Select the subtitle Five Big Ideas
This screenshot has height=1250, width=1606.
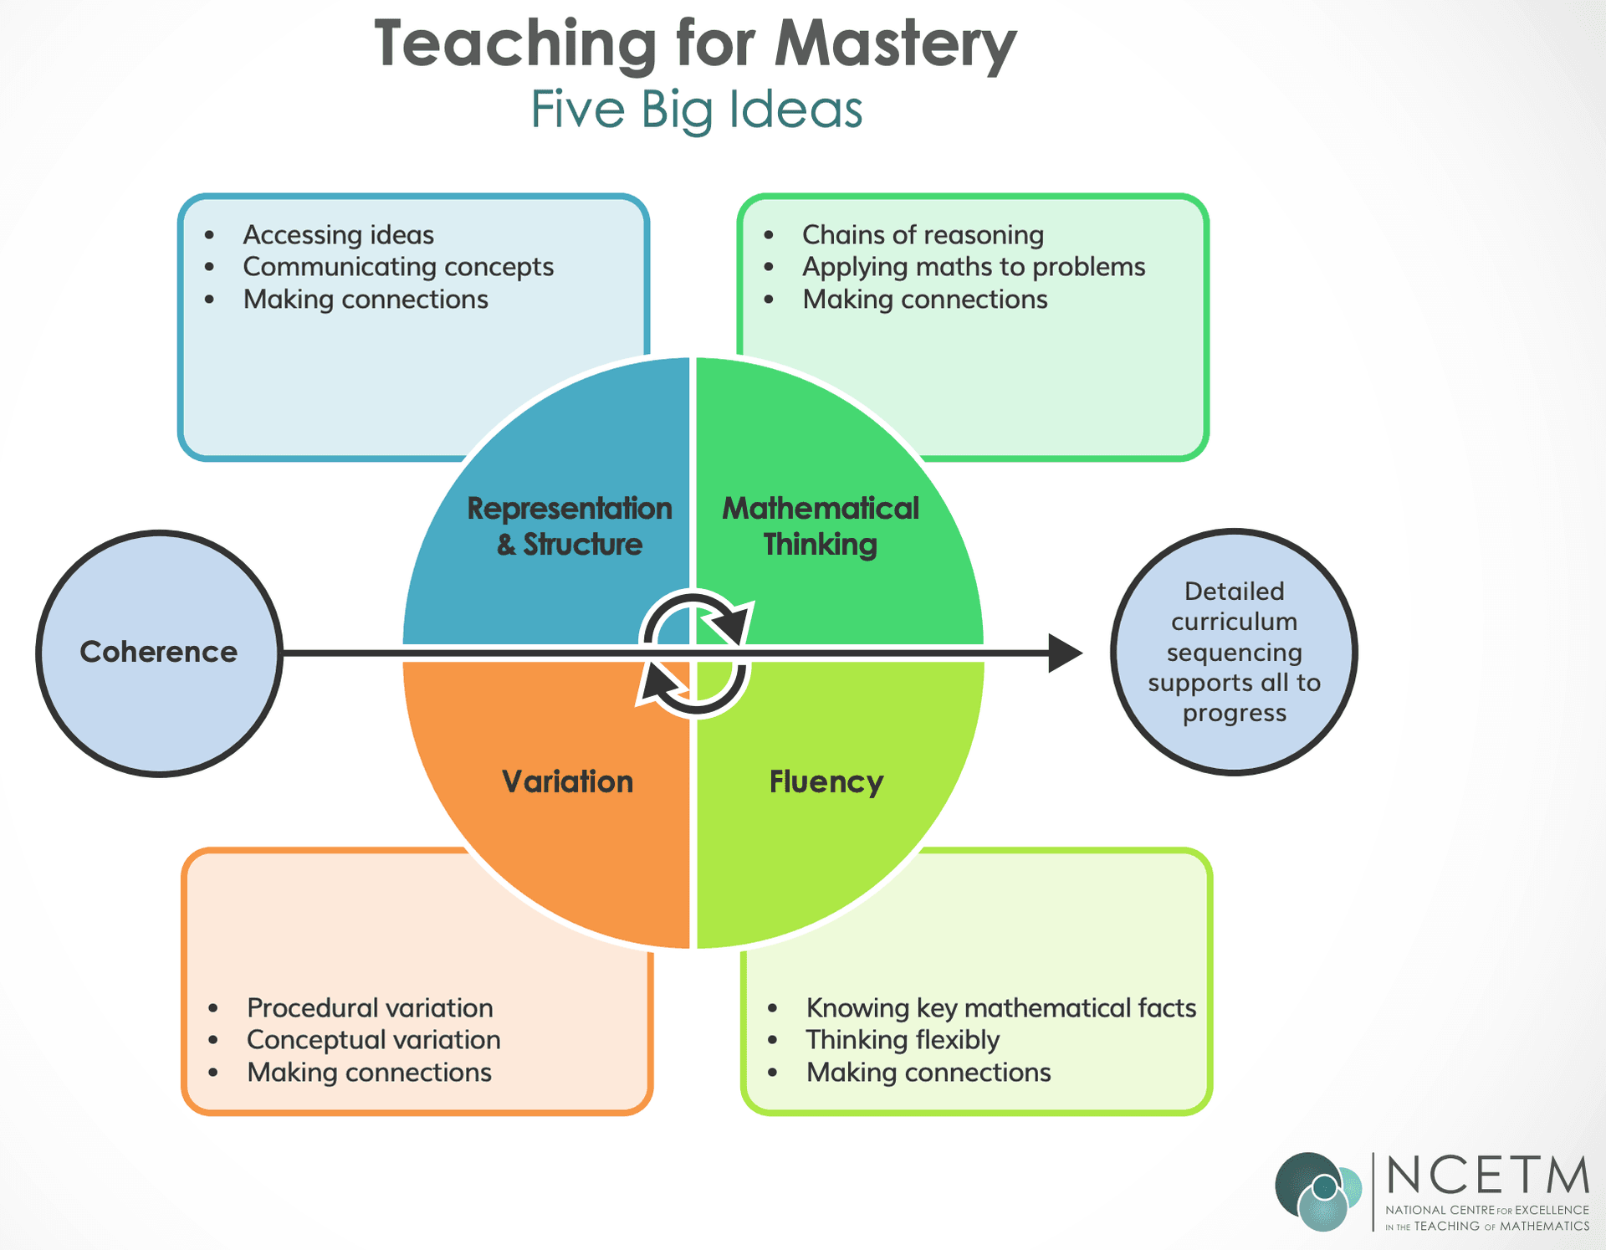(x=696, y=109)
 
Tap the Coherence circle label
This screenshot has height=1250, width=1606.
(x=158, y=652)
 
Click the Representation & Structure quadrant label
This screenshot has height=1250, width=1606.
(x=569, y=525)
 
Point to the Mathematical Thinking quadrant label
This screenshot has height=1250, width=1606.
(x=821, y=525)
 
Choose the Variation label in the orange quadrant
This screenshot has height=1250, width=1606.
(x=567, y=781)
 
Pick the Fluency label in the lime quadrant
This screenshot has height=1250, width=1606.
(x=826, y=781)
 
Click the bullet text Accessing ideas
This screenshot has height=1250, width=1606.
(x=338, y=235)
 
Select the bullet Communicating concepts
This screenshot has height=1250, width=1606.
(x=398, y=267)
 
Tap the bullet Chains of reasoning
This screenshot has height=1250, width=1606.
(x=923, y=235)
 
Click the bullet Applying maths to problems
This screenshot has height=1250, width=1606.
(x=974, y=267)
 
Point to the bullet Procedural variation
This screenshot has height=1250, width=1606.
(x=370, y=1008)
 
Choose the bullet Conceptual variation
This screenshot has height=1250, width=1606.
(x=373, y=1040)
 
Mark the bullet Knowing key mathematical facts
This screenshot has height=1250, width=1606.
(x=1000, y=1008)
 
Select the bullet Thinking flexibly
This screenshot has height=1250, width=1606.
(x=903, y=1040)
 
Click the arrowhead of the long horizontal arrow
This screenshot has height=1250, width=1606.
(x=1064, y=653)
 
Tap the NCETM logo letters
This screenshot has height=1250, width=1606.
(x=1487, y=1176)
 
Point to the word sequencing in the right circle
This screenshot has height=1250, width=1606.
(x=1234, y=653)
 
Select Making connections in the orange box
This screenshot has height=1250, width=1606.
(x=369, y=1073)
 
